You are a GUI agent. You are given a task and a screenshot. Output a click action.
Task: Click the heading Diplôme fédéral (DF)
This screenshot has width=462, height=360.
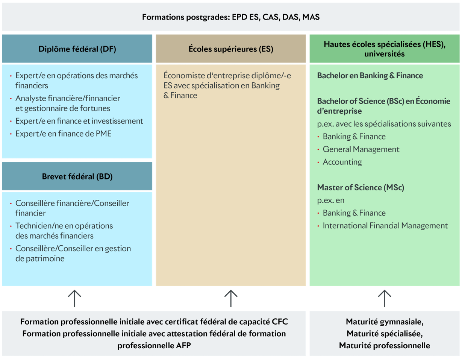click(77, 49)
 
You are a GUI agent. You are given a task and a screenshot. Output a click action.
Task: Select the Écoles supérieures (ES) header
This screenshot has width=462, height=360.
click(230, 49)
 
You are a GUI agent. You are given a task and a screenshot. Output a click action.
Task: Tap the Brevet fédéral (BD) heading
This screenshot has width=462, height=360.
click(77, 176)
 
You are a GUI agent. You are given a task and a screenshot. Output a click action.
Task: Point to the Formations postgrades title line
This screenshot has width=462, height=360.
click(231, 17)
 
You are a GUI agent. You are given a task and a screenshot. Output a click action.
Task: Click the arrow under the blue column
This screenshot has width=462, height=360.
click(75, 298)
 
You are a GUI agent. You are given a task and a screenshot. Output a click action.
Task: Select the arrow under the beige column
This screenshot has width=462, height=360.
click(230, 298)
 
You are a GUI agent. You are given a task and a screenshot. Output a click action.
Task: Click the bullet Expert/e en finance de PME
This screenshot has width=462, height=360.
click(63, 134)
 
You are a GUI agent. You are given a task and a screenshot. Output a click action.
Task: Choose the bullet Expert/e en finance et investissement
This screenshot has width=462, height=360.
click(79, 121)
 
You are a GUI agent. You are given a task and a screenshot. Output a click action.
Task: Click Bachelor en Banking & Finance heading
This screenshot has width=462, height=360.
click(370, 76)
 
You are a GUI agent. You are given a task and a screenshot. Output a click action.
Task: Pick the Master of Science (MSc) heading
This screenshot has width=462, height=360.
click(361, 187)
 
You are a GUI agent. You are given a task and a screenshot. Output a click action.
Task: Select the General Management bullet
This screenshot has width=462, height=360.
click(361, 149)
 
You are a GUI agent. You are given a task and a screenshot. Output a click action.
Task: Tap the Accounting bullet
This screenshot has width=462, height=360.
click(342, 162)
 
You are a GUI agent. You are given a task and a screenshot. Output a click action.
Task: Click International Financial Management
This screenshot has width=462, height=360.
click(385, 226)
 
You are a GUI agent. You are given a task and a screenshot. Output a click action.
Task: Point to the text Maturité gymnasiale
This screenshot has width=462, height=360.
click(385, 322)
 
